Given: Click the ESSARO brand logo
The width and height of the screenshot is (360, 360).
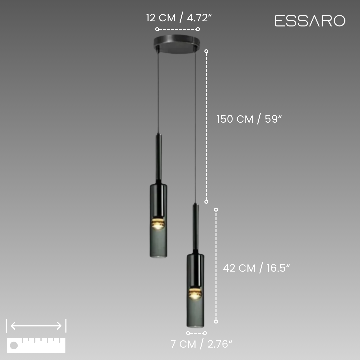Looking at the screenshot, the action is click(310, 21).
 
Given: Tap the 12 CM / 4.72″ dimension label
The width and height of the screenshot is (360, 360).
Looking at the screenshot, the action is click(179, 18).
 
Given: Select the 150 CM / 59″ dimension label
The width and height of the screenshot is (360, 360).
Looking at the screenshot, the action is click(249, 119).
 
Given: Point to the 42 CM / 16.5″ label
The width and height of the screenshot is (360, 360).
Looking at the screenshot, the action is click(256, 268).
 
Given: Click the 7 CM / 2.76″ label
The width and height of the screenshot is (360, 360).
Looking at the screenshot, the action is click(201, 344).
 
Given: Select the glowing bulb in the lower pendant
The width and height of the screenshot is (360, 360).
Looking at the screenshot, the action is click(195, 294).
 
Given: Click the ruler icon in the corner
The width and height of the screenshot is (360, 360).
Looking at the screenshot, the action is click(36, 345).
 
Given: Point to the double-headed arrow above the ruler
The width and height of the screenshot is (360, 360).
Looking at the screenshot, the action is click(36, 326).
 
